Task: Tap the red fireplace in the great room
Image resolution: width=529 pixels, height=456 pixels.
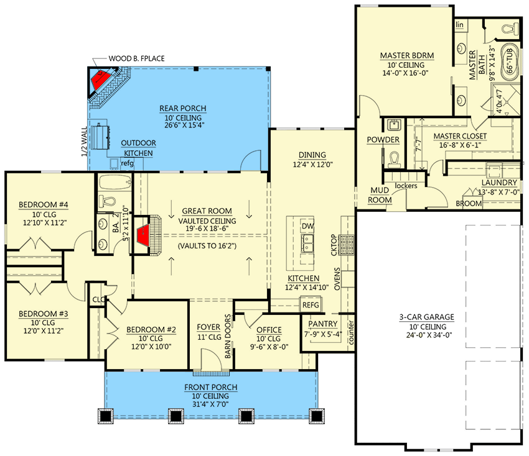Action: pyautogui.click(x=143, y=234)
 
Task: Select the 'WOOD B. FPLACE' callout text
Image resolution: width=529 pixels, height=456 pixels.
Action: pyautogui.click(x=136, y=58)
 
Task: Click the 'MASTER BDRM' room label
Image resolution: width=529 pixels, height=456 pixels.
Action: pyautogui.click(x=406, y=55)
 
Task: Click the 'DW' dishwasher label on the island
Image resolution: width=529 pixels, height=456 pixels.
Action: pyautogui.click(x=307, y=227)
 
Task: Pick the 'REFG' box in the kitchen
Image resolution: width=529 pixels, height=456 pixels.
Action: pyautogui.click(x=310, y=305)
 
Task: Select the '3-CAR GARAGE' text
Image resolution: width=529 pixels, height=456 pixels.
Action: pyautogui.click(x=426, y=317)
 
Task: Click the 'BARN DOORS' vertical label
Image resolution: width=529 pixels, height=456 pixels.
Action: pyautogui.click(x=228, y=336)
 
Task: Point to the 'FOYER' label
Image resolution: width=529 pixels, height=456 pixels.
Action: pyautogui.click(x=208, y=327)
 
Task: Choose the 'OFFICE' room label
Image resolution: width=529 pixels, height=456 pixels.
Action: pyautogui.click(x=269, y=330)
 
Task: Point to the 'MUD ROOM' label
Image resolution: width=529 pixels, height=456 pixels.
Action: pyautogui.click(x=380, y=195)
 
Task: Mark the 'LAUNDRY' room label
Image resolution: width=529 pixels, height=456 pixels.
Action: pyautogui.click(x=499, y=183)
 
